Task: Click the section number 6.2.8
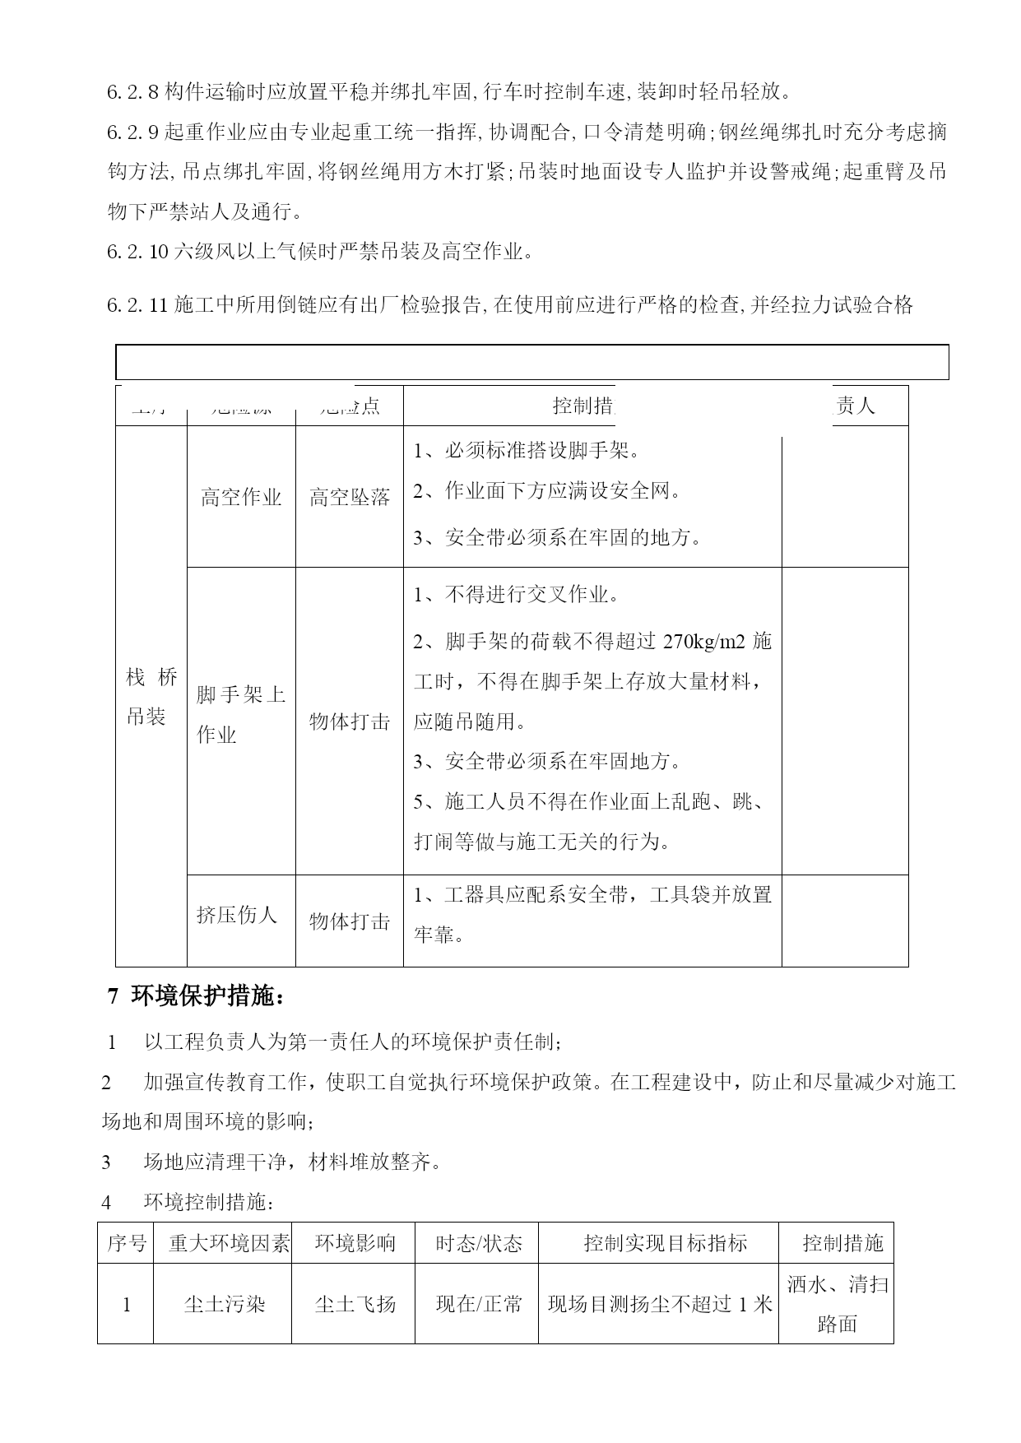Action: tap(133, 92)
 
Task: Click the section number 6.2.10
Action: tap(137, 252)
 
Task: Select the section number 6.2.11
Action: tap(137, 306)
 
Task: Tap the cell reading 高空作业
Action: tap(241, 498)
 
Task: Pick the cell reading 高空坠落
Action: tap(350, 498)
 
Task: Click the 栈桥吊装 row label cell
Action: tap(151, 697)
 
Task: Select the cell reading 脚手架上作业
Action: tap(241, 715)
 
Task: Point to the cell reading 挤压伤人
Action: tap(237, 915)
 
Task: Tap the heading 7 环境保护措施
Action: tap(197, 997)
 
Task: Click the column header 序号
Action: tap(126, 1243)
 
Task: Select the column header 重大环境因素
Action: tap(229, 1243)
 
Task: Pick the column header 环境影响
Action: tap(355, 1243)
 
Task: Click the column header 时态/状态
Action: tap(478, 1243)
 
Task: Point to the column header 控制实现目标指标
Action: tap(665, 1243)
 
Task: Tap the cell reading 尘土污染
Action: tap(224, 1304)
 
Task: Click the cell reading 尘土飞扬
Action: tap(355, 1304)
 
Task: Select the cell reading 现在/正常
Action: tap(478, 1304)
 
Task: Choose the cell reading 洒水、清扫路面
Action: tap(838, 1304)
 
